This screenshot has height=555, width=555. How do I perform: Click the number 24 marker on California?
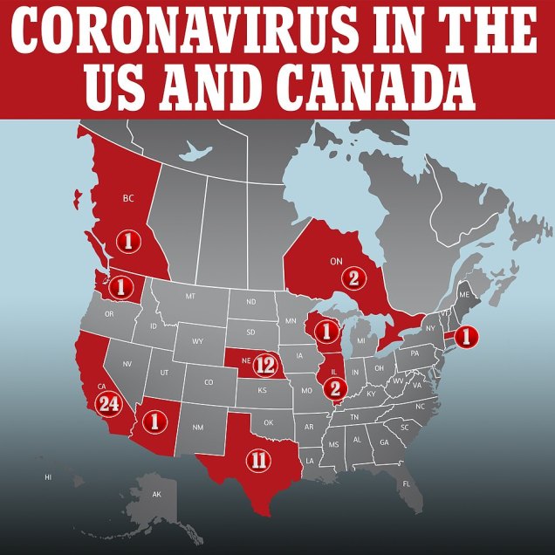tap(110, 403)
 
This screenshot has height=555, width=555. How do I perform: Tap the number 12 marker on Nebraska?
tap(266, 365)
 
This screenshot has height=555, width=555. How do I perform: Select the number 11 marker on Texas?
tap(257, 460)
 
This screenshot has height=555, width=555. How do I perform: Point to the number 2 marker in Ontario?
tap(353, 279)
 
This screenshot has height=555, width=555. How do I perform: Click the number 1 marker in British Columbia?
tap(128, 241)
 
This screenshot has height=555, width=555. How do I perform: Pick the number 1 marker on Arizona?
tap(157, 420)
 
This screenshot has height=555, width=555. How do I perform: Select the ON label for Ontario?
tap(336, 259)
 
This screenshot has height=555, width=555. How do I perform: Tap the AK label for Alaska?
tap(157, 495)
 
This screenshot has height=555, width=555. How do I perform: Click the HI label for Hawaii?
tap(48, 477)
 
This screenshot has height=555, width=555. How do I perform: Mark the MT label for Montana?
tap(190, 297)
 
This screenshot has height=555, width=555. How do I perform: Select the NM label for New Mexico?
tap(197, 427)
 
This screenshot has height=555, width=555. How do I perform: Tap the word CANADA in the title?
tap(378, 87)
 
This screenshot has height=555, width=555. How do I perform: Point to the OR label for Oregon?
tap(109, 313)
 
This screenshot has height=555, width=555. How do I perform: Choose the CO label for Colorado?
tap(208, 381)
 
